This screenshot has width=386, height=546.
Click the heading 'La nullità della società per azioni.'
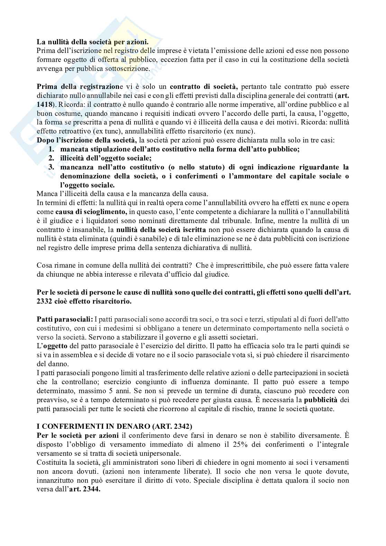[93, 42]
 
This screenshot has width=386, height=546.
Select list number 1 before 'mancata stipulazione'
[52, 149]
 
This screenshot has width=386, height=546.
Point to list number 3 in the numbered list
[52, 167]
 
